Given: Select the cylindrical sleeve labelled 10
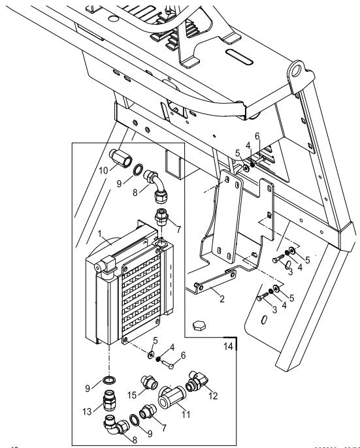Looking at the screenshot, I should point(122,158).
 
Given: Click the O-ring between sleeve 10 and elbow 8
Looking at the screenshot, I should point(139,171).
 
